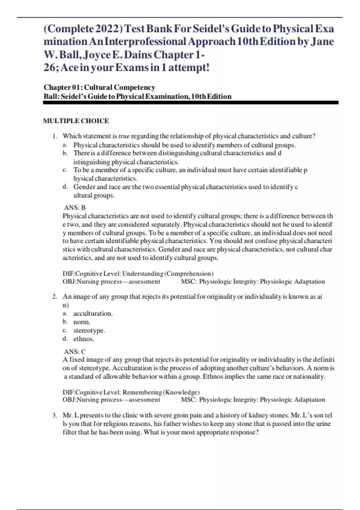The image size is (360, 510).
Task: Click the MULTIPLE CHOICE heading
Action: click(x=76, y=121)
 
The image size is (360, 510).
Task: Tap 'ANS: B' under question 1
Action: click(x=75, y=207)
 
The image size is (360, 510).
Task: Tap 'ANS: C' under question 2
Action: click(x=75, y=351)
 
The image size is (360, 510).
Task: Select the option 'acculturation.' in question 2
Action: click(x=93, y=313)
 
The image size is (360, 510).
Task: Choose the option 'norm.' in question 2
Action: click(x=82, y=322)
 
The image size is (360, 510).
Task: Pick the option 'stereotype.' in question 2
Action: click(x=89, y=330)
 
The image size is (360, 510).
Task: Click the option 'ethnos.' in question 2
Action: click(x=84, y=339)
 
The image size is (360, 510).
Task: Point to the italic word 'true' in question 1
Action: click(x=124, y=136)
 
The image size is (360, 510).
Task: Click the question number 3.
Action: click(x=55, y=415)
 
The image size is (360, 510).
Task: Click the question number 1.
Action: click(x=55, y=136)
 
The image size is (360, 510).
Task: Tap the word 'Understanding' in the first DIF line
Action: click(x=142, y=274)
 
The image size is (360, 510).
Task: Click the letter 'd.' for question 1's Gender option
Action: click(x=65, y=187)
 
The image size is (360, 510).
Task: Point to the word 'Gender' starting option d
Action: click(x=84, y=187)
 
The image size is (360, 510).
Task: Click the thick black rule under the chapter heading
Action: click(x=190, y=103)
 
